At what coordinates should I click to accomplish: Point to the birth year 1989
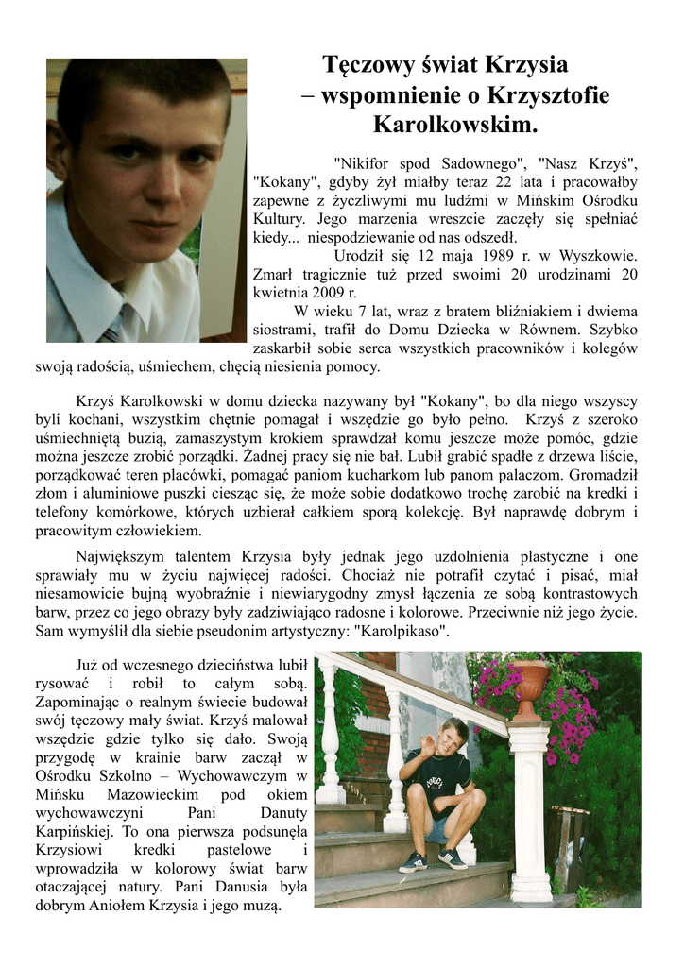pyautogui.click(x=496, y=256)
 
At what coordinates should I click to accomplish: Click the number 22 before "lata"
pyautogui.click(x=520, y=182)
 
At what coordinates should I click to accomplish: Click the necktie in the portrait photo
pyautogui.click(x=111, y=333)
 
